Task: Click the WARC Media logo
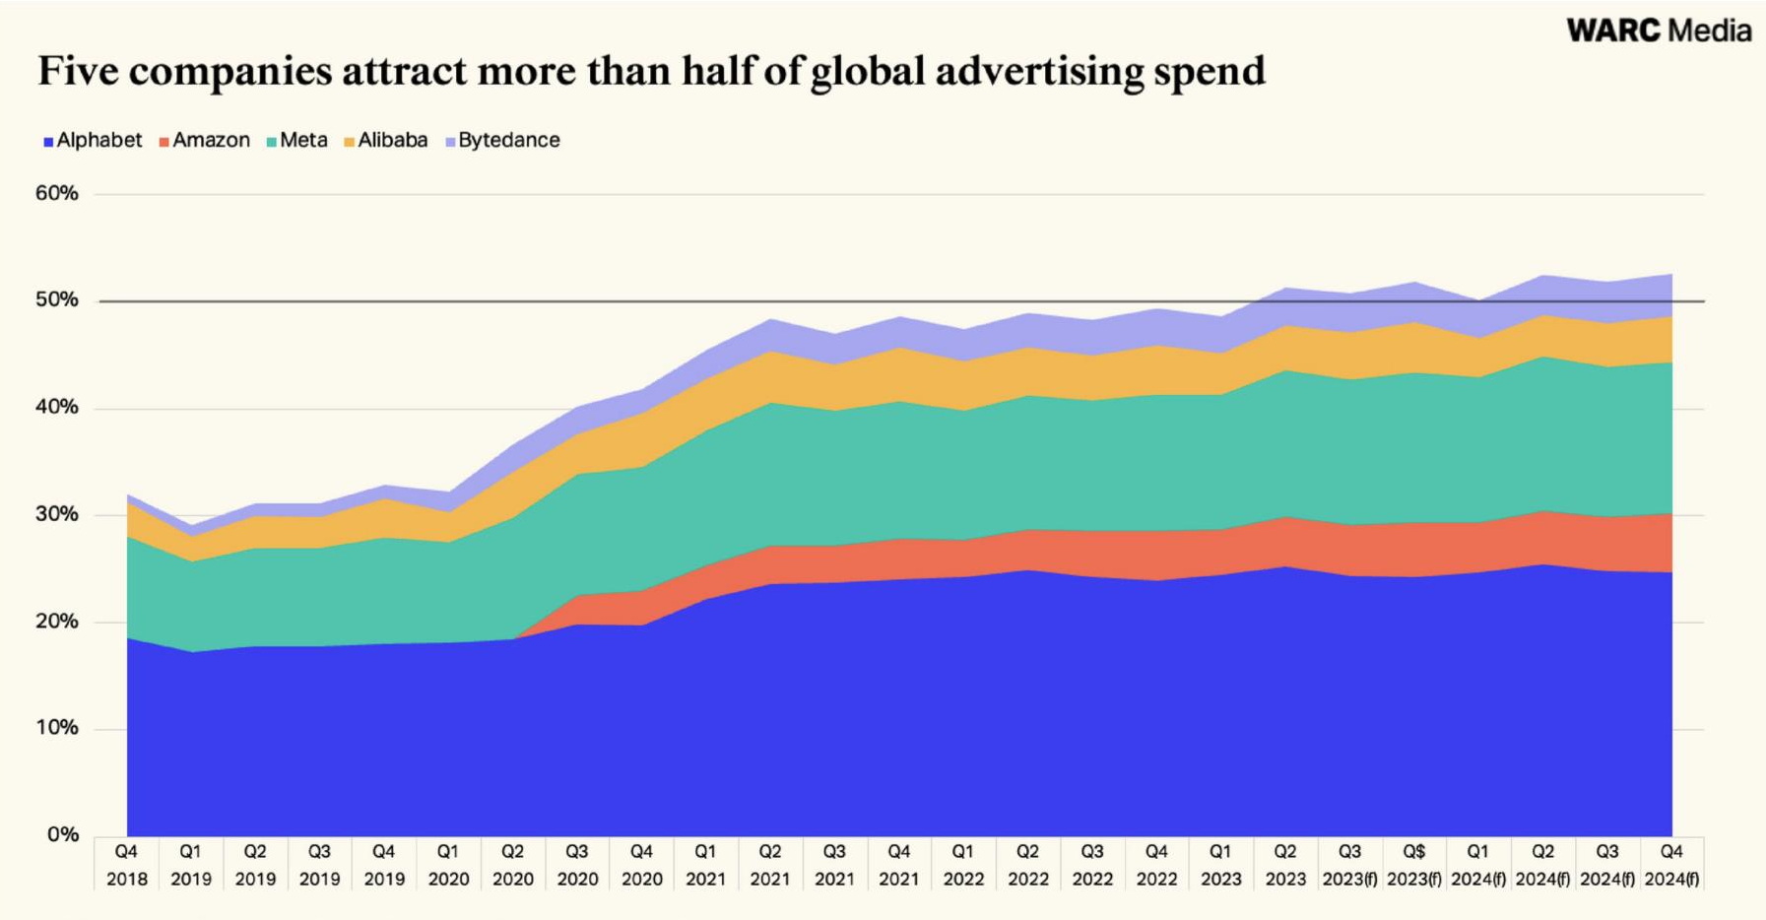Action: (1659, 31)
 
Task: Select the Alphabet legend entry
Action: (93, 140)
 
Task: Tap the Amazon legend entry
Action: (204, 140)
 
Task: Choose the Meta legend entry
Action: (296, 140)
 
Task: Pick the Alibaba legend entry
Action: (385, 140)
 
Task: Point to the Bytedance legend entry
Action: (502, 140)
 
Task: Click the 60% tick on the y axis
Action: (57, 193)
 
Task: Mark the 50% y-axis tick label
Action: (57, 299)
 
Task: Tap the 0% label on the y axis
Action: (62, 834)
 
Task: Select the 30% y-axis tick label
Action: (57, 514)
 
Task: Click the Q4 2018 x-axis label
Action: (126, 865)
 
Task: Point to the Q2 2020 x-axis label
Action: (512, 865)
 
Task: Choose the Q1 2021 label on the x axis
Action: (705, 865)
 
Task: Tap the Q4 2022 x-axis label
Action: (1156, 865)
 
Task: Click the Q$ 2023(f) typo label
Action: (1413, 865)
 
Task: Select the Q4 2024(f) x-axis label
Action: (1671, 865)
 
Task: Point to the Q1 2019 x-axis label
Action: (190, 865)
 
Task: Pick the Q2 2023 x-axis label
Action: (1285, 865)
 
